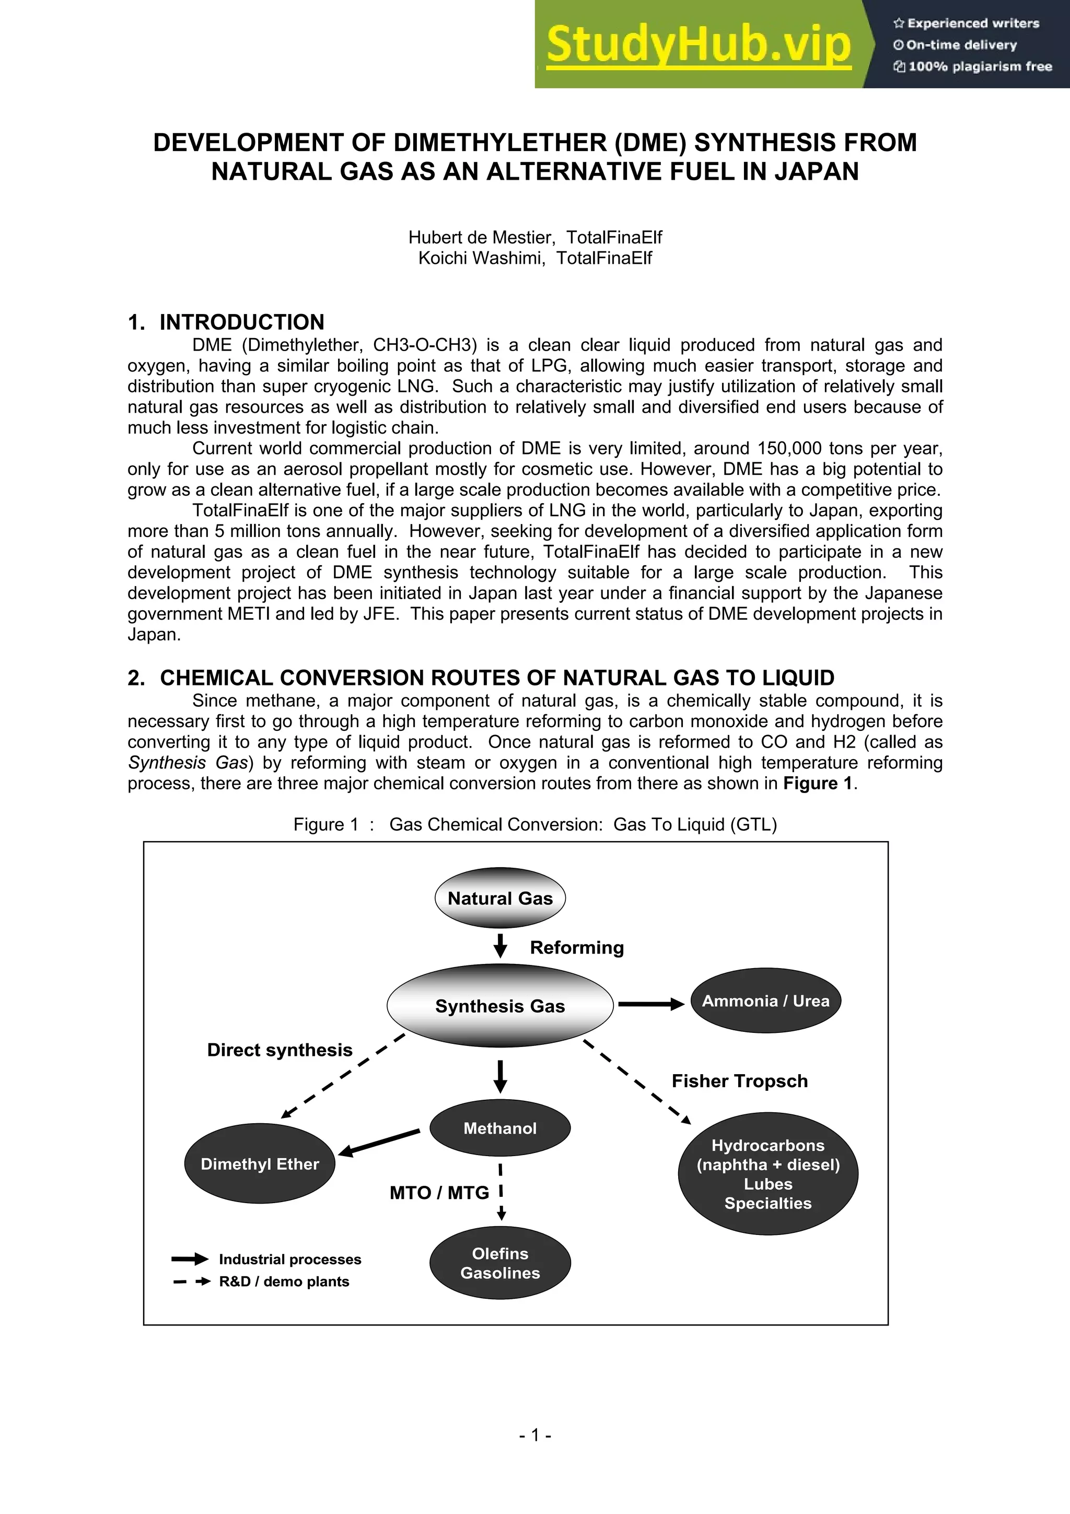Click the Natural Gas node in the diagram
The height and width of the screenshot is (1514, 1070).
pyautogui.click(x=499, y=898)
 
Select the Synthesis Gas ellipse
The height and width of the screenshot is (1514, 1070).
pyautogui.click(x=499, y=1006)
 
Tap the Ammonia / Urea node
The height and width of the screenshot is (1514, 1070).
pyautogui.click(x=765, y=1001)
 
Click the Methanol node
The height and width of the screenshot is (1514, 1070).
pyautogui.click(x=499, y=1128)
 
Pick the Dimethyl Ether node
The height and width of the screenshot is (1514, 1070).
pyautogui.click(x=260, y=1164)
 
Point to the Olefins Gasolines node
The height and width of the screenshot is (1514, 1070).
pyautogui.click(x=499, y=1263)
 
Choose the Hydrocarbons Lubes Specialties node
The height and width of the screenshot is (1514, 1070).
pyautogui.click(x=768, y=1174)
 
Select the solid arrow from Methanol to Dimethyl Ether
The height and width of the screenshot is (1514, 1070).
pyautogui.click(x=380, y=1143)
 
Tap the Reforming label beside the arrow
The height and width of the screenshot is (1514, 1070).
pyautogui.click(x=576, y=948)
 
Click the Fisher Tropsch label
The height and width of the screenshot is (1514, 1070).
pyautogui.click(x=739, y=1081)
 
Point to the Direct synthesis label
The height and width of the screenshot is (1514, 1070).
pyautogui.click(x=280, y=1050)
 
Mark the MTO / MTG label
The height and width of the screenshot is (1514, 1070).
pyautogui.click(x=439, y=1193)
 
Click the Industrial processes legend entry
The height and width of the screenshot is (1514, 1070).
pyautogui.click(x=289, y=1260)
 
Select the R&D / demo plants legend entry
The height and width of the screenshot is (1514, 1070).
pyautogui.click(x=284, y=1281)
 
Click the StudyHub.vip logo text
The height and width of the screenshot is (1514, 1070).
pyautogui.click(x=698, y=45)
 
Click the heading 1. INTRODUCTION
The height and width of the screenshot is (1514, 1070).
pyautogui.click(x=226, y=322)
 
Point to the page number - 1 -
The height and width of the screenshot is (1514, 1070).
pyautogui.click(x=534, y=1435)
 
